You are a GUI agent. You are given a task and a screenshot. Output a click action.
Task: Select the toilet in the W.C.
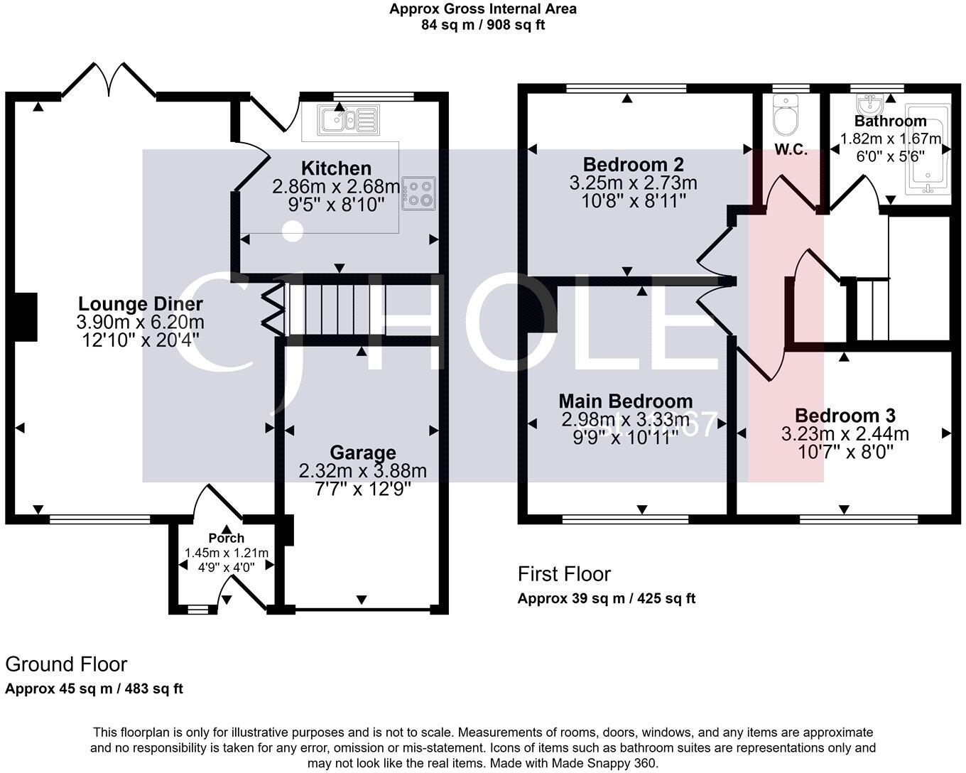pyautogui.click(x=786, y=119)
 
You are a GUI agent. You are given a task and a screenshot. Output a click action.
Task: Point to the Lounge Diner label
pyautogui.click(x=140, y=304)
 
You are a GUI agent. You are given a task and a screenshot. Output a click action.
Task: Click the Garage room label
pyautogui.click(x=362, y=453)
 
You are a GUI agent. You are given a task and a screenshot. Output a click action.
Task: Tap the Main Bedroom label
pyautogui.click(x=625, y=401)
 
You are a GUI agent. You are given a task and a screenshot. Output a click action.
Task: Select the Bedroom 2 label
pyautogui.click(x=633, y=165)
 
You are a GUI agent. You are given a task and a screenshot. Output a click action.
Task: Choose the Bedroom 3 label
pyautogui.click(x=845, y=416)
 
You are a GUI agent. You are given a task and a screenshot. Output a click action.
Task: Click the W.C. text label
pyautogui.click(x=791, y=151)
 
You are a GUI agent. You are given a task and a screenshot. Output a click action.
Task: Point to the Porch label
pyautogui.click(x=226, y=538)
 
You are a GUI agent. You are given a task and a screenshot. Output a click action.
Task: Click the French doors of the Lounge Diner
pyautogui.click(x=108, y=80)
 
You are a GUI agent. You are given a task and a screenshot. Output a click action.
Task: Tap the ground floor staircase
pyautogui.click(x=334, y=309)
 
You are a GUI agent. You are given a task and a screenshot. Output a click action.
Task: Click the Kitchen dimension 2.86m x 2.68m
pyautogui.click(x=336, y=187)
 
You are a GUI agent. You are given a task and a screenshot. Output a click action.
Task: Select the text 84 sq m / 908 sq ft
pyautogui.click(x=483, y=25)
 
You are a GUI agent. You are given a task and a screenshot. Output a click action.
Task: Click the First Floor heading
pyautogui.click(x=564, y=573)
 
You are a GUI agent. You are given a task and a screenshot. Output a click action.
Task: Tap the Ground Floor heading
pyautogui.click(x=66, y=664)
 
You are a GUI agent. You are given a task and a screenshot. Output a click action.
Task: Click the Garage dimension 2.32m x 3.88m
pyautogui.click(x=362, y=471)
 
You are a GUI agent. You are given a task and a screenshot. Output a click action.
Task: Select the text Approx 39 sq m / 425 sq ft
pyautogui.click(x=606, y=598)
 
